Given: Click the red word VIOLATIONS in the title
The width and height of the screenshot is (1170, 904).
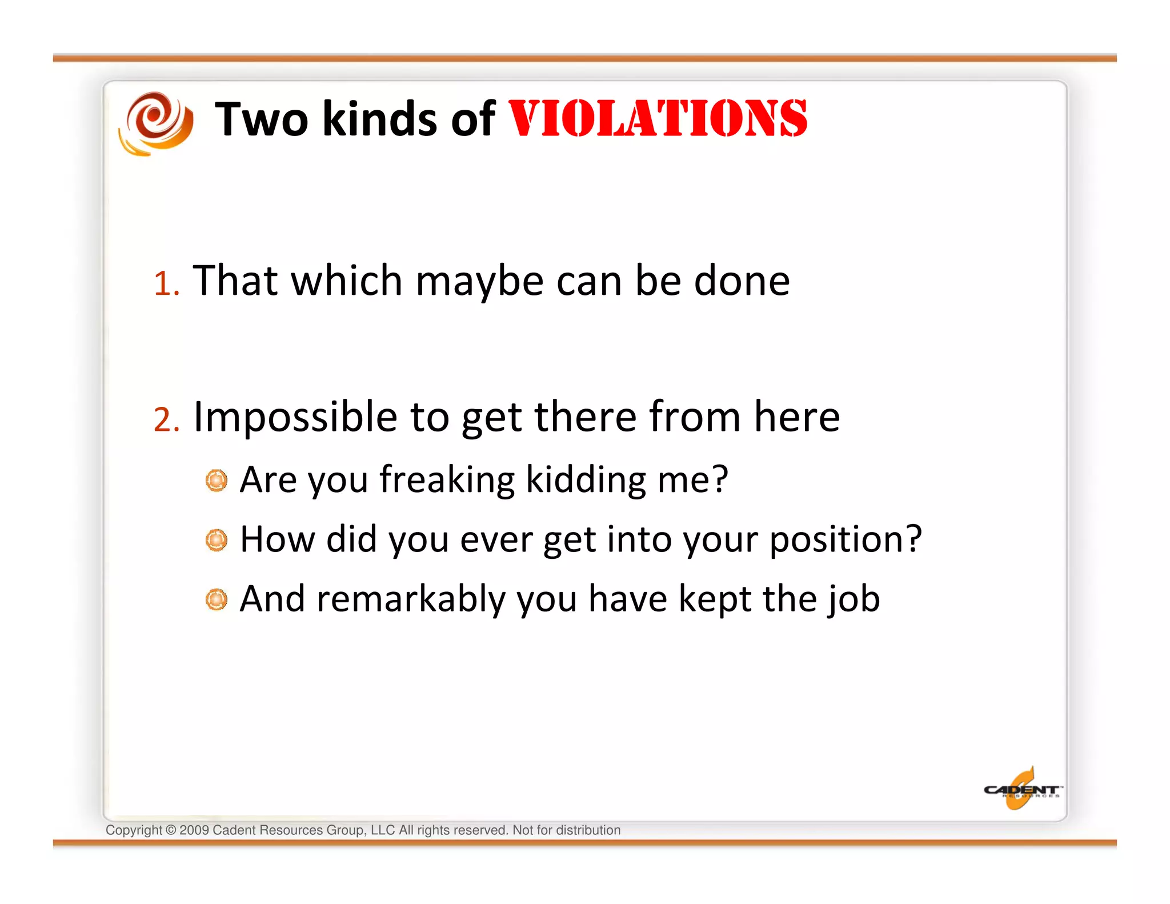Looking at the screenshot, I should pos(657,119).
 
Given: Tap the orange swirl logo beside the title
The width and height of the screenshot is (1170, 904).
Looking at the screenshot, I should pos(156,123).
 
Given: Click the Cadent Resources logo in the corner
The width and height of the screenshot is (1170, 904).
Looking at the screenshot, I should pos(1021,790).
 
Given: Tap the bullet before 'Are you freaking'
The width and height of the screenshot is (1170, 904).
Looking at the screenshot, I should pos(217,481).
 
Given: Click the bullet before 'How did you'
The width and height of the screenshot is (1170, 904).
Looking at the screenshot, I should pos(217,540).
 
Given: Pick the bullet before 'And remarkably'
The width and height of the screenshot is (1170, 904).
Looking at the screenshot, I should pos(217,599).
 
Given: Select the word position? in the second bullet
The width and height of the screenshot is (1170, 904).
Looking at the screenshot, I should pos(846,540).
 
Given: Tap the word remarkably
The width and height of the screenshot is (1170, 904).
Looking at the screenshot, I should pos(411,599).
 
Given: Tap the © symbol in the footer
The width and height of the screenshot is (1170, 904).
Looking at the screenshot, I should pos(171,830).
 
